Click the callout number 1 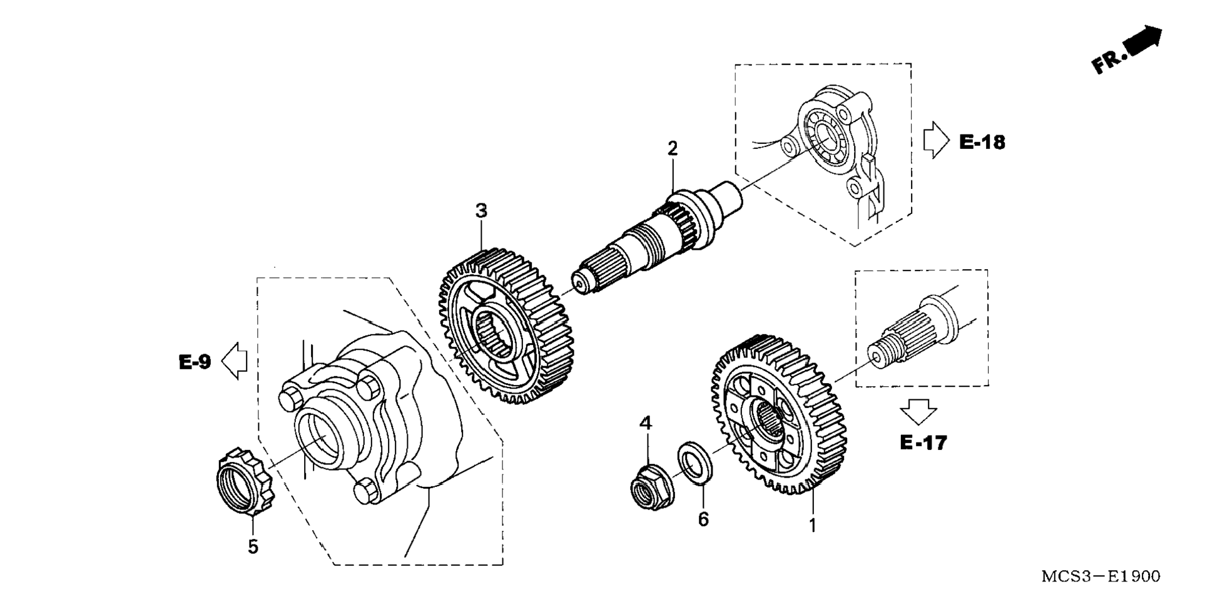pos(812,526)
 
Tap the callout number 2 pos(673,149)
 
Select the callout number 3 pos(481,212)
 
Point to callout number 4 pos(646,424)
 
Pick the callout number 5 pos(253,547)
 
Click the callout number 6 pos(703,520)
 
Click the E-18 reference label pos(982,143)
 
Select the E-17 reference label pos(923,443)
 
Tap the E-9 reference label pos(195,362)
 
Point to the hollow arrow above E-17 pos(918,412)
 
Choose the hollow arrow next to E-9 pos(235,361)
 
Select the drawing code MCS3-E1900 pos(1101,576)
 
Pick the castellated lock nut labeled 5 pos(244,482)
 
